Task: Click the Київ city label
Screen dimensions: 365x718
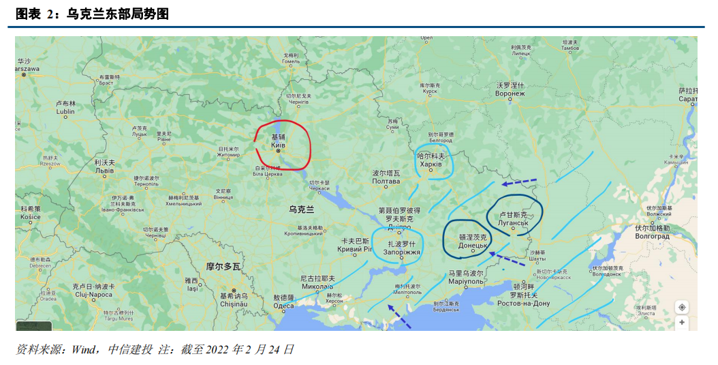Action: click(x=278, y=145)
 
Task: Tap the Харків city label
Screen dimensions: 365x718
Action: click(x=431, y=164)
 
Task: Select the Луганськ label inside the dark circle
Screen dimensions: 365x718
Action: click(x=514, y=222)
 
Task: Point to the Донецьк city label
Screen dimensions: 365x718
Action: click(x=472, y=245)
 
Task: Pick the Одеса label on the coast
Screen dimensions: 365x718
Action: click(x=283, y=306)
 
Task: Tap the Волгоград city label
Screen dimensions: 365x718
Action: click(x=652, y=236)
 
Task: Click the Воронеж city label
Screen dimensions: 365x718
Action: click(x=510, y=93)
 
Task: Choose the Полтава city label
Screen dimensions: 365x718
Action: click(x=386, y=181)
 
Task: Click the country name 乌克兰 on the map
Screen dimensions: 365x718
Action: click(x=301, y=209)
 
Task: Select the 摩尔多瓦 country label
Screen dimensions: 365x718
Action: click(x=223, y=266)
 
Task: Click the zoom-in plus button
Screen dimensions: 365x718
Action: click(x=682, y=321)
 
